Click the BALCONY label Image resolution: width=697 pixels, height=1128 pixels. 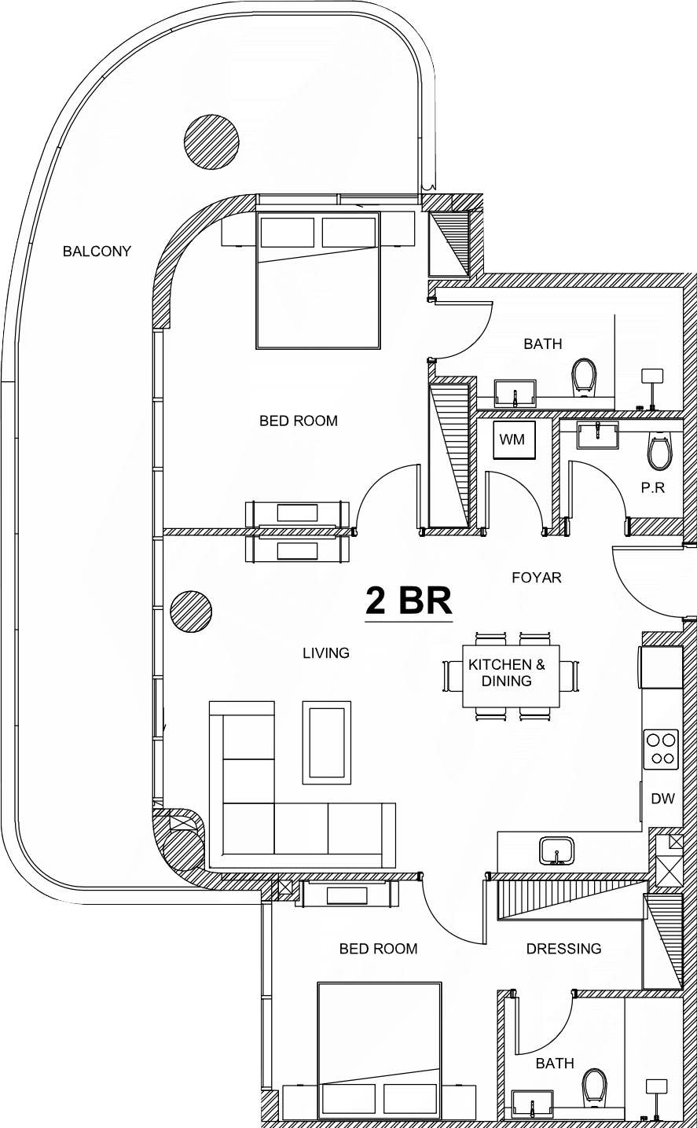pyautogui.click(x=97, y=252)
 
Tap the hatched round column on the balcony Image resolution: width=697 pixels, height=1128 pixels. pyautogui.click(x=211, y=142)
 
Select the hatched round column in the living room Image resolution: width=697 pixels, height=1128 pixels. pyautogui.click(x=191, y=612)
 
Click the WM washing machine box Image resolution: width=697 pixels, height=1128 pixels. pyautogui.click(x=513, y=439)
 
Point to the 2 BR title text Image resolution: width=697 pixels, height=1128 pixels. pyautogui.click(x=409, y=601)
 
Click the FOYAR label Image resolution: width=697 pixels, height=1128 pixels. pyautogui.click(x=537, y=578)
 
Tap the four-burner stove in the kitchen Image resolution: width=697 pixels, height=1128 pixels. pyautogui.click(x=661, y=749)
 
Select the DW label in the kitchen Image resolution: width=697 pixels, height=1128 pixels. pyautogui.click(x=662, y=798)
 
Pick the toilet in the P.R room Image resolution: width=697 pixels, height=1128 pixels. pyautogui.click(x=660, y=451)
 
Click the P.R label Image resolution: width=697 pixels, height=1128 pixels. pyautogui.click(x=653, y=487)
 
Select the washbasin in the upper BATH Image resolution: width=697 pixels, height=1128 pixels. pyautogui.click(x=515, y=393)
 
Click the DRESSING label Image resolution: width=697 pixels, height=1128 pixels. pyautogui.click(x=563, y=949)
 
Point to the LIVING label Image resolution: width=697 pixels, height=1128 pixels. pyautogui.click(x=325, y=653)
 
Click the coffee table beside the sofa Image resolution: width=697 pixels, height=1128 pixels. pyautogui.click(x=327, y=742)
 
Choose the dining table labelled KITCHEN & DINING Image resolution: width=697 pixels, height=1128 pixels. pyautogui.click(x=511, y=676)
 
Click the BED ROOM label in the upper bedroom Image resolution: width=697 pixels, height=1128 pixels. pyautogui.click(x=299, y=421)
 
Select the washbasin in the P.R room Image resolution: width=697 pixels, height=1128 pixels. pyautogui.click(x=598, y=434)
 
